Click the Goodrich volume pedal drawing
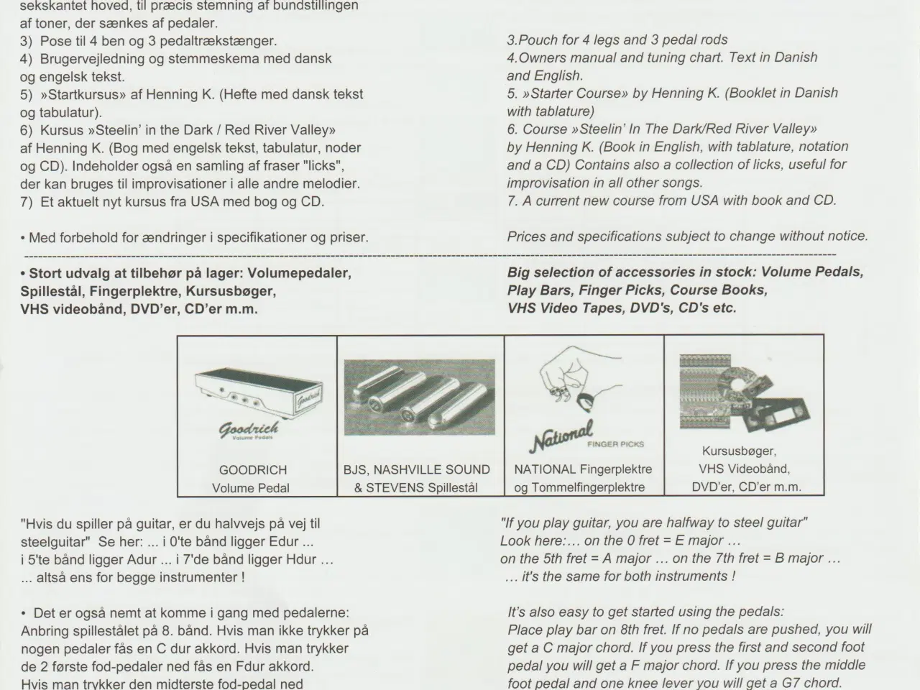point(259,393)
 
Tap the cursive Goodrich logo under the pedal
point(249,430)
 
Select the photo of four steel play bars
point(419,397)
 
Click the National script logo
point(561,436)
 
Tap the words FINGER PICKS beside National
point(616,444)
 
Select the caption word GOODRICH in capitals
point(253,470)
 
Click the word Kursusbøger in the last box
point(740,451)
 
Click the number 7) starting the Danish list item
point(27,202)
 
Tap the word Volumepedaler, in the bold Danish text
point(299,273)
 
